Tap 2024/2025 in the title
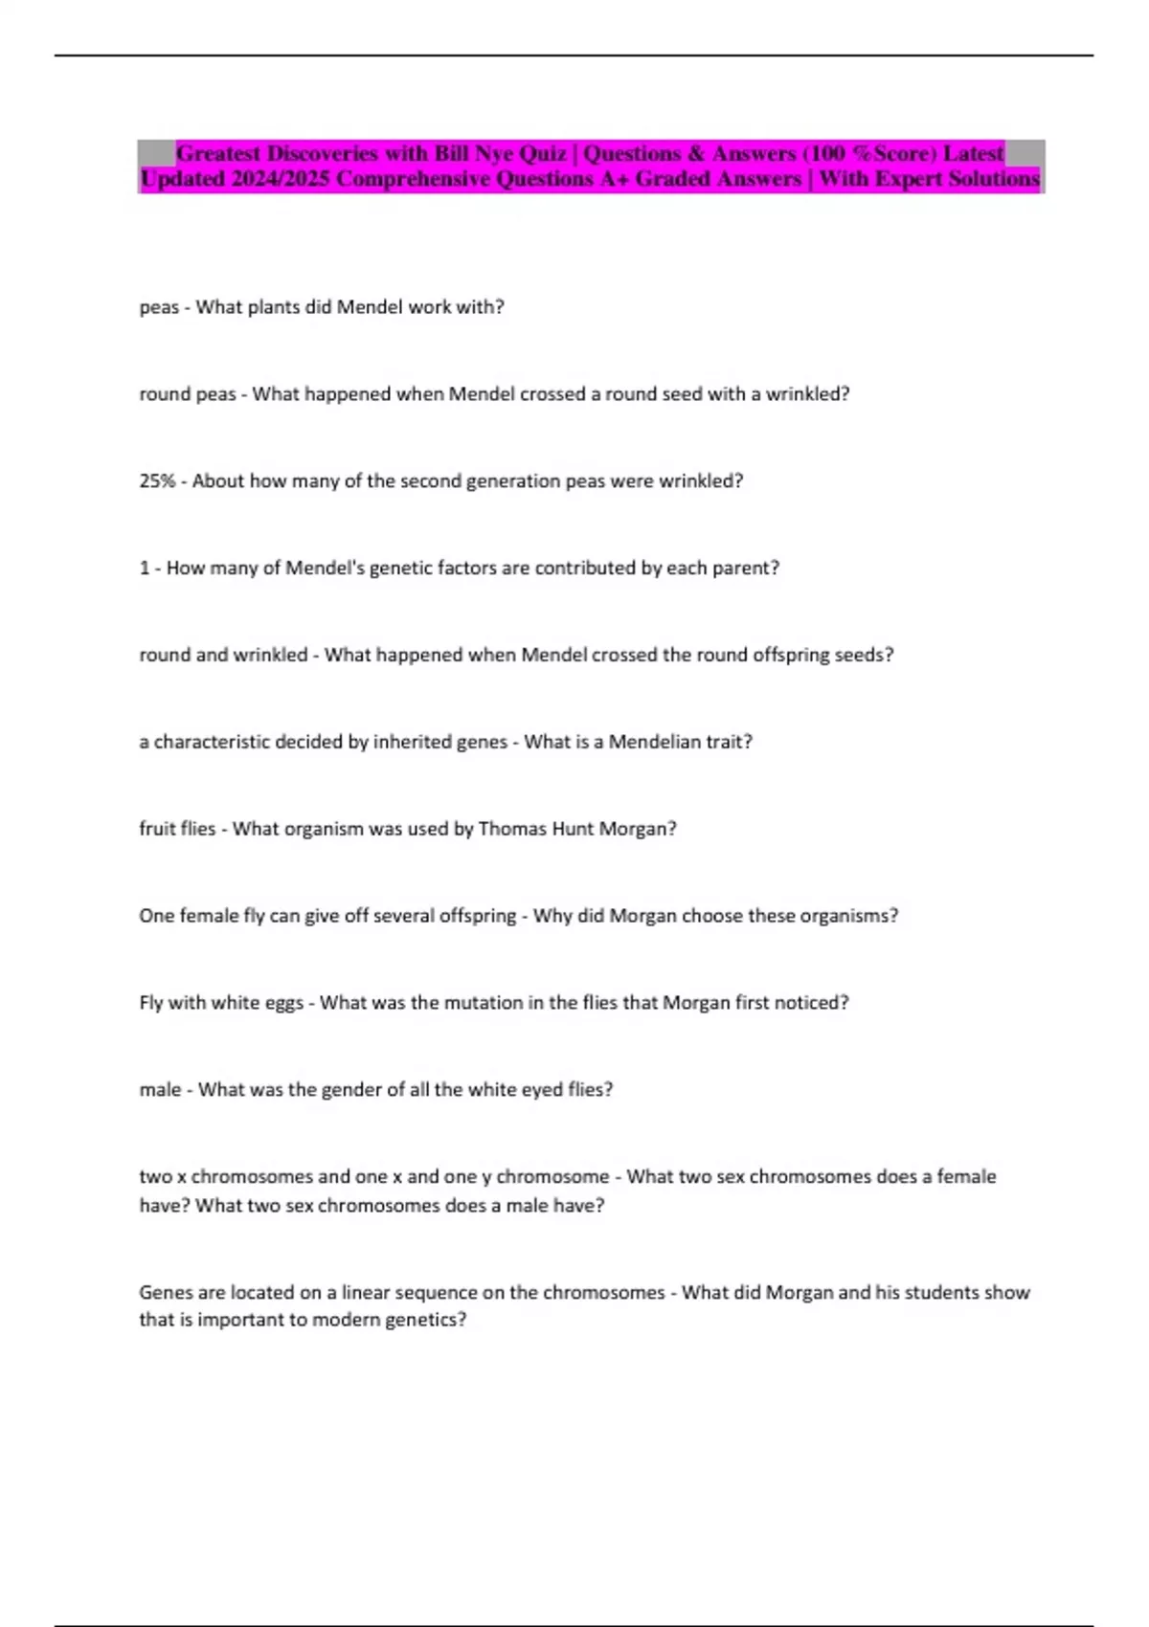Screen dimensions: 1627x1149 coord(280,179)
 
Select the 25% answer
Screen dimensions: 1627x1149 coord(157,481)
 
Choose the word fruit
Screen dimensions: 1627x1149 coord(156,829)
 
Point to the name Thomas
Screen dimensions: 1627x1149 coord(510,829)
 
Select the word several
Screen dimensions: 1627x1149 coord(403,916)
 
